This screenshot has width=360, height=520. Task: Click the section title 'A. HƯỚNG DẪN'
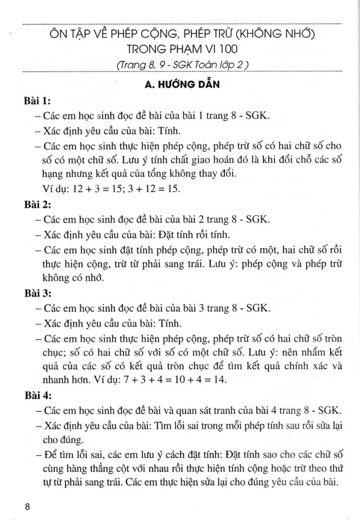pos(181,84)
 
